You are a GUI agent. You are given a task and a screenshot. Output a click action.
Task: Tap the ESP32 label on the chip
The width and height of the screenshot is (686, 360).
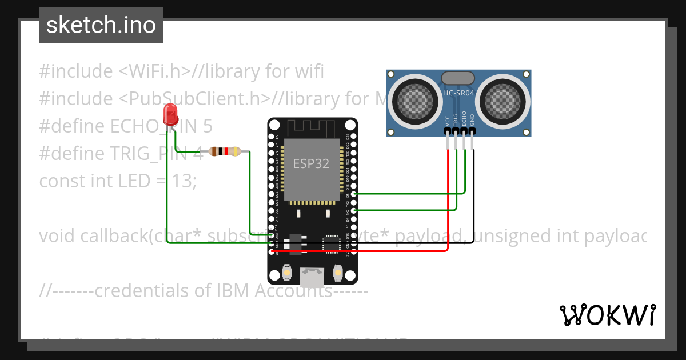(x=311, y=163)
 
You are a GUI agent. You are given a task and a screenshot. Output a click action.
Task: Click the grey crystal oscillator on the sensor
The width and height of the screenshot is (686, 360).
(x=458, y=77)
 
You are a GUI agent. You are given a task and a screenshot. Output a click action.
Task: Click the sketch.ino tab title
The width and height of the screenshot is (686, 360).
(x=101, y=25)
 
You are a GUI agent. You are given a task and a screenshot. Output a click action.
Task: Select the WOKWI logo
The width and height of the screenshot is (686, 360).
(x=607, y=315)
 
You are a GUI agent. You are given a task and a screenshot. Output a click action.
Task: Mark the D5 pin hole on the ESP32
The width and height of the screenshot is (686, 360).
(x=354, y=194)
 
